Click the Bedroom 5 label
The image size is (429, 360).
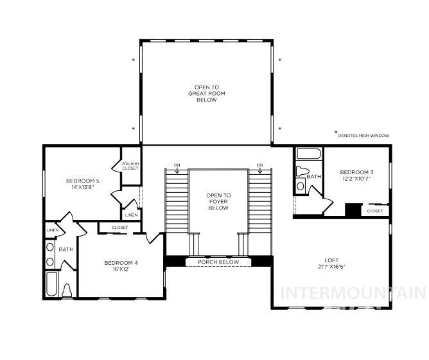click(83, 181)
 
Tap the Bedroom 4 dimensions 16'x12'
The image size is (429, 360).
click(121, 269)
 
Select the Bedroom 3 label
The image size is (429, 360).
click(356, 172)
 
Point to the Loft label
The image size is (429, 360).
click(331, 260)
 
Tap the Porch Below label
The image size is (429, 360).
click(218, 262)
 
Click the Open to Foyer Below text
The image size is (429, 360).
click(218, 201)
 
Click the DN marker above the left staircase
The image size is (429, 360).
click(177, 165)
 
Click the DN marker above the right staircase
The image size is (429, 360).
click(259, 165)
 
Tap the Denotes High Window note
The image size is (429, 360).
click(363, 136)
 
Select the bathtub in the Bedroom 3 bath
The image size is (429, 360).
click(308, 155)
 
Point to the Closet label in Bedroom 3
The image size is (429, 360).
click(376, 210)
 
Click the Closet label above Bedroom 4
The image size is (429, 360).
click(119, 228)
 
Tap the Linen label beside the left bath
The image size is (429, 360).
click(52, 230)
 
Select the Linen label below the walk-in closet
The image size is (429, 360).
click(131, 215)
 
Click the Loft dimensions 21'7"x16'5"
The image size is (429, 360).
click(331, 267)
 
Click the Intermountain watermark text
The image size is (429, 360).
click(353, 294)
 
